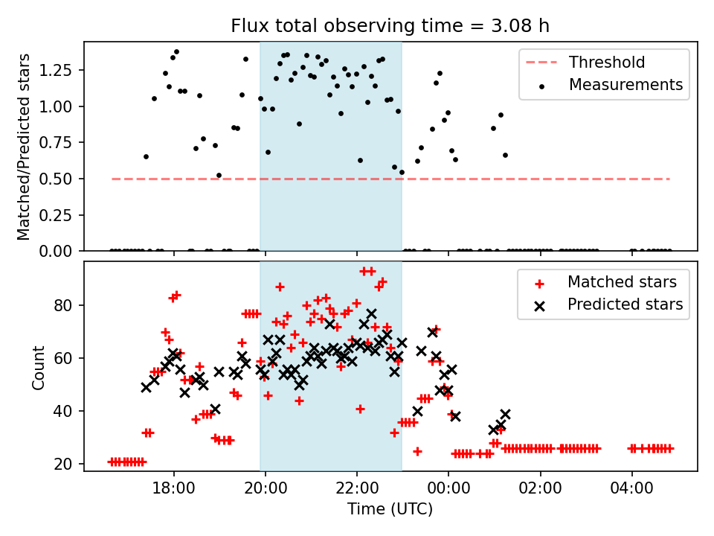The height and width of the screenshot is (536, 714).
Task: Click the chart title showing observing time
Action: tap(390, 27)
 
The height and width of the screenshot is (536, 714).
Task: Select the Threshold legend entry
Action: tap(607, 63)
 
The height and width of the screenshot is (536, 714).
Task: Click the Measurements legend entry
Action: tap(625, 85)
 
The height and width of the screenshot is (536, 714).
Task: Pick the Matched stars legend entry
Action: tap(622, 282)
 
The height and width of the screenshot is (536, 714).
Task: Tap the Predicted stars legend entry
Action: tap(625, 304)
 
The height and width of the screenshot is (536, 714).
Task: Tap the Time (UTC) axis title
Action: tap(390, 510)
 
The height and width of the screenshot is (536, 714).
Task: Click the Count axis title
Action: tap(38, 367)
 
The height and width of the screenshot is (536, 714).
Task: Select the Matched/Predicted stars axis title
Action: tap(25, 147)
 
